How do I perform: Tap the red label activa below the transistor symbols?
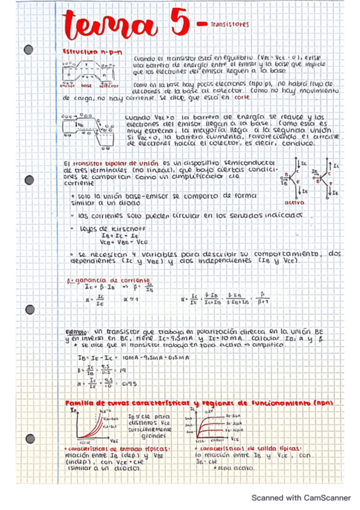[x=293, y=203]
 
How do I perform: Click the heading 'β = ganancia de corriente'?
[x=106, y=280]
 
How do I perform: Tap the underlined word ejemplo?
[x=77, y=331]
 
